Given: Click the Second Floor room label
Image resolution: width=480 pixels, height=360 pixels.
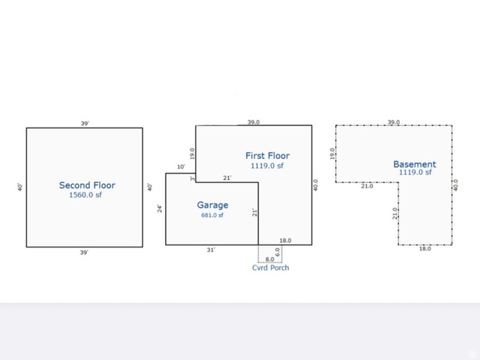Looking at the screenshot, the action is coord(87,185).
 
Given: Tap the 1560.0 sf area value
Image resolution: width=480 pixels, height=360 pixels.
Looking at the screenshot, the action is coord(85,195).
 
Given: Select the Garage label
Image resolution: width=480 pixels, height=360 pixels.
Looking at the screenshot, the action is coord(212,205).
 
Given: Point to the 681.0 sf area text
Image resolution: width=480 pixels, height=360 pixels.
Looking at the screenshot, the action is coord(212,215).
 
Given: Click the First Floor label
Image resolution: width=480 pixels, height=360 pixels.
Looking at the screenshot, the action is coord(268,155).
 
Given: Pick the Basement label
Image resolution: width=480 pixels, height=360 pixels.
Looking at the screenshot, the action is coord(415,164).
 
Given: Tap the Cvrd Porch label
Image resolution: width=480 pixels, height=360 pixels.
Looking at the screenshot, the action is coord(271,268).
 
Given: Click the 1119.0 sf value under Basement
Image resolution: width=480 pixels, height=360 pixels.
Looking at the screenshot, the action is coord(415,172).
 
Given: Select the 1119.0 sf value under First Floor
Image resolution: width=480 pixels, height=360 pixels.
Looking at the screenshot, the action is coord(267,166).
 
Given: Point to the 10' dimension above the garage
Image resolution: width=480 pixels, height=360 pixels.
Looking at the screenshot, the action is coord(181,166).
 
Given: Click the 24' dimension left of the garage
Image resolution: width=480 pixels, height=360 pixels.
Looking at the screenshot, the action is coord(160,208).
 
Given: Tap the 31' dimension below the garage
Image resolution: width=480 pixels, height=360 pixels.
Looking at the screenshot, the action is coord(211,250).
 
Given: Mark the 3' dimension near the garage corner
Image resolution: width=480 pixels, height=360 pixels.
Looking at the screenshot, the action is coord(192,178).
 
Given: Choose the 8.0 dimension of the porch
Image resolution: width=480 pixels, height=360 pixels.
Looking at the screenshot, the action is coord(270,259).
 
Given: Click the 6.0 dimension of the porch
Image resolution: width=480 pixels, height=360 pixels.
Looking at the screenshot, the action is coord(277,252).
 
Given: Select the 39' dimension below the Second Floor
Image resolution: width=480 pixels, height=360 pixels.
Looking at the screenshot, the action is coord(84,253).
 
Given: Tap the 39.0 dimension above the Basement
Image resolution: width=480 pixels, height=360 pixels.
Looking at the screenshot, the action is coord(394,122).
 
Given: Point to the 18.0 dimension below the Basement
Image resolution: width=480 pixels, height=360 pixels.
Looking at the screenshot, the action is coord(425,248).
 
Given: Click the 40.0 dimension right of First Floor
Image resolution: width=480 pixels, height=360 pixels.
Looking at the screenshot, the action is coord(316,185).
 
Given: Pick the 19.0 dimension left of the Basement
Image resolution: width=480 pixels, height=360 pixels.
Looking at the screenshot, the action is coord(332,154).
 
